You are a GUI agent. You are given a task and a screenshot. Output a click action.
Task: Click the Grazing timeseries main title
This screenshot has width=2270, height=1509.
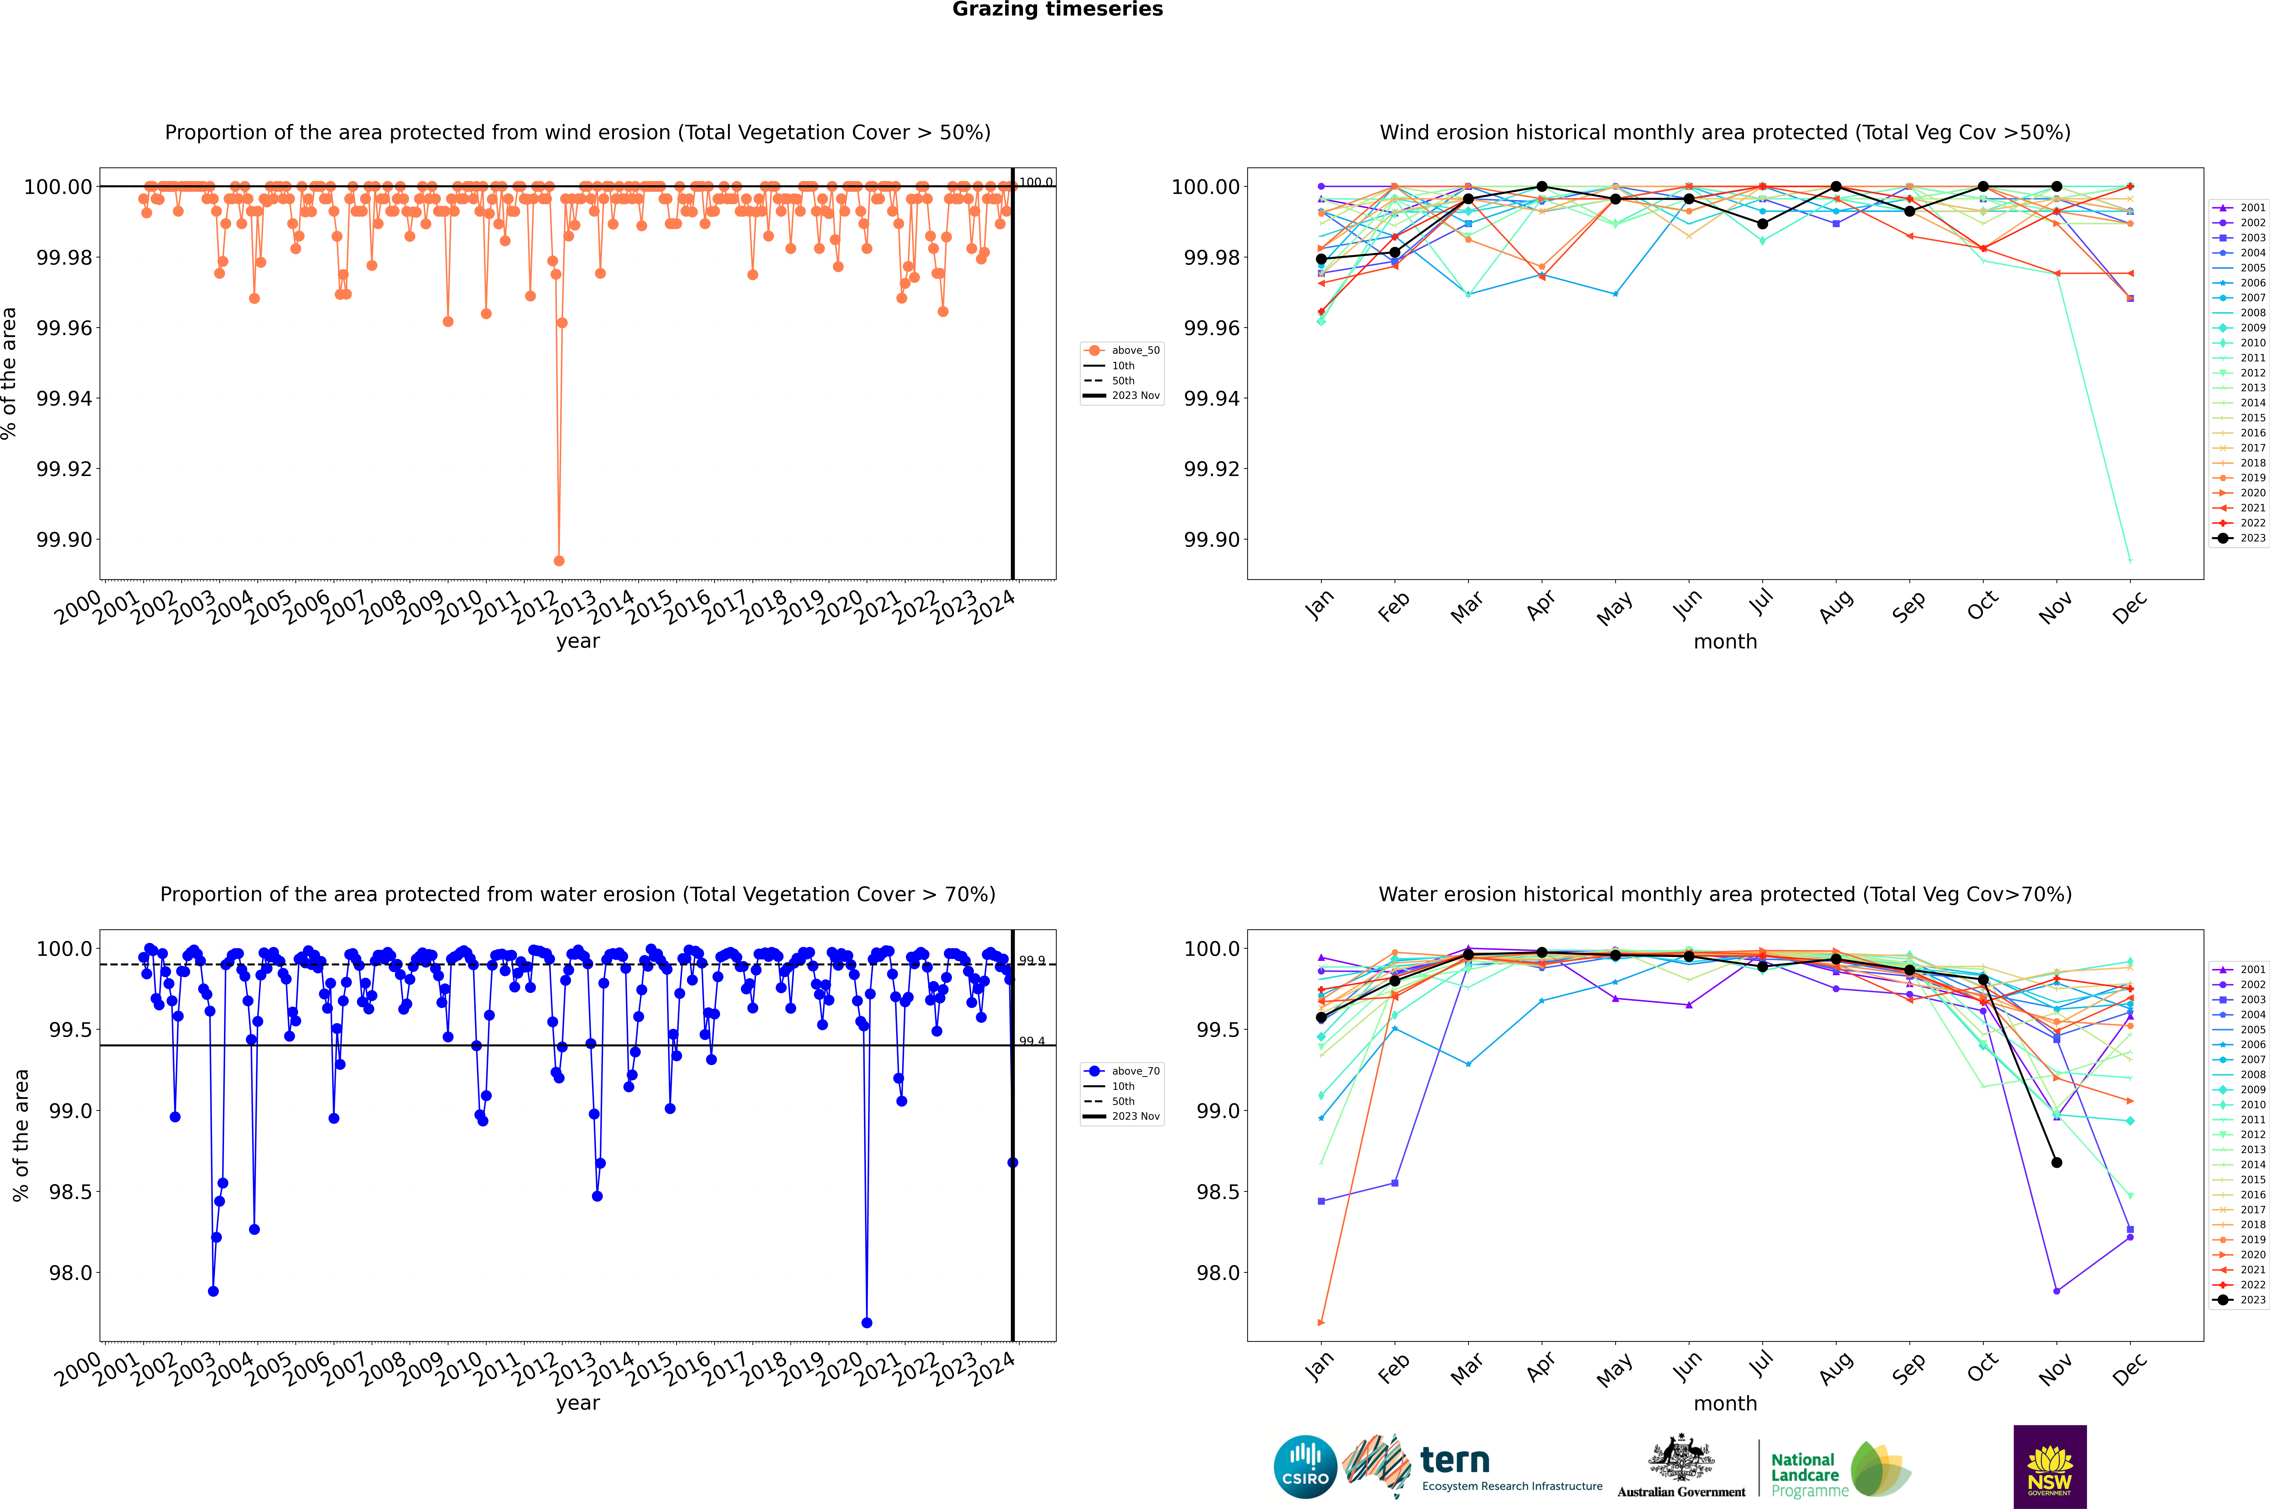click(x=1058, y=10)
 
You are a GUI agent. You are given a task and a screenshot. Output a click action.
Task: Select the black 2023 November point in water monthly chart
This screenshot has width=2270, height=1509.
click(x=2056, y=1162)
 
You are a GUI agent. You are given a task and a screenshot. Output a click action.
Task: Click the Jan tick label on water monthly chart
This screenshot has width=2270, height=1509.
click(x=1319, y=1368)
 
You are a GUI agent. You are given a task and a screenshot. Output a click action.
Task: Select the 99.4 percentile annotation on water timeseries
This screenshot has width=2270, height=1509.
click(x=1032, y=1041)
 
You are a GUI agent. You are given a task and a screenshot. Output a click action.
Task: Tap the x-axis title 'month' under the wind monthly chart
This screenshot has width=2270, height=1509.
click(x=1724, y=642)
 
